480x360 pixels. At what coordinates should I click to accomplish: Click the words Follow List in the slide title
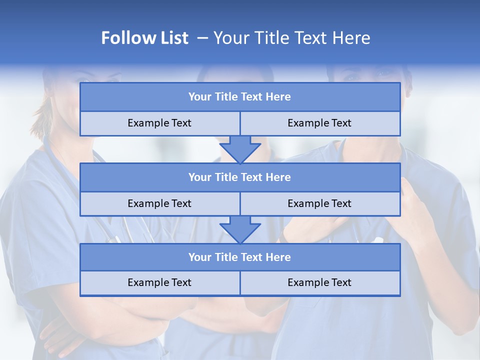coord(144,38)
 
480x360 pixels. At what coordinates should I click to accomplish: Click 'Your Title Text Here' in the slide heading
coord(291,38)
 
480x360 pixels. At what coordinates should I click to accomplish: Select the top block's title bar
coord(240,97)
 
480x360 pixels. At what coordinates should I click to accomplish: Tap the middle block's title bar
coord(240,177)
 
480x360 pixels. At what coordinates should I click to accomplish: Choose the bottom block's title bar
coord(240,257)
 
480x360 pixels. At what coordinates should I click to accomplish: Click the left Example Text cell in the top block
coord(159,123)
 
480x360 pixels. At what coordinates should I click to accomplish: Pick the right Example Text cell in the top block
coord(319,123)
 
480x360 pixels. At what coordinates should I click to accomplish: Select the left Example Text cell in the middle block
coord(159,203)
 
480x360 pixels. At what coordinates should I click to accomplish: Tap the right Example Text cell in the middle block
coord(319,203)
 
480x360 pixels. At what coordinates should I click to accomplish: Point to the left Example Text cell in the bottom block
coord(159,282)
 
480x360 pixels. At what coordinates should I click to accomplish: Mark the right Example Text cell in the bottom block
coord(319,282)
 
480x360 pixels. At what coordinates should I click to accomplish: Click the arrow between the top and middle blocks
coord(240,149)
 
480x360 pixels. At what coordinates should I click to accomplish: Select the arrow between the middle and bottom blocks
coord(240,229)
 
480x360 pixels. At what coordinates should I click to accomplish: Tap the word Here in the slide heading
coord(353,38)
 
